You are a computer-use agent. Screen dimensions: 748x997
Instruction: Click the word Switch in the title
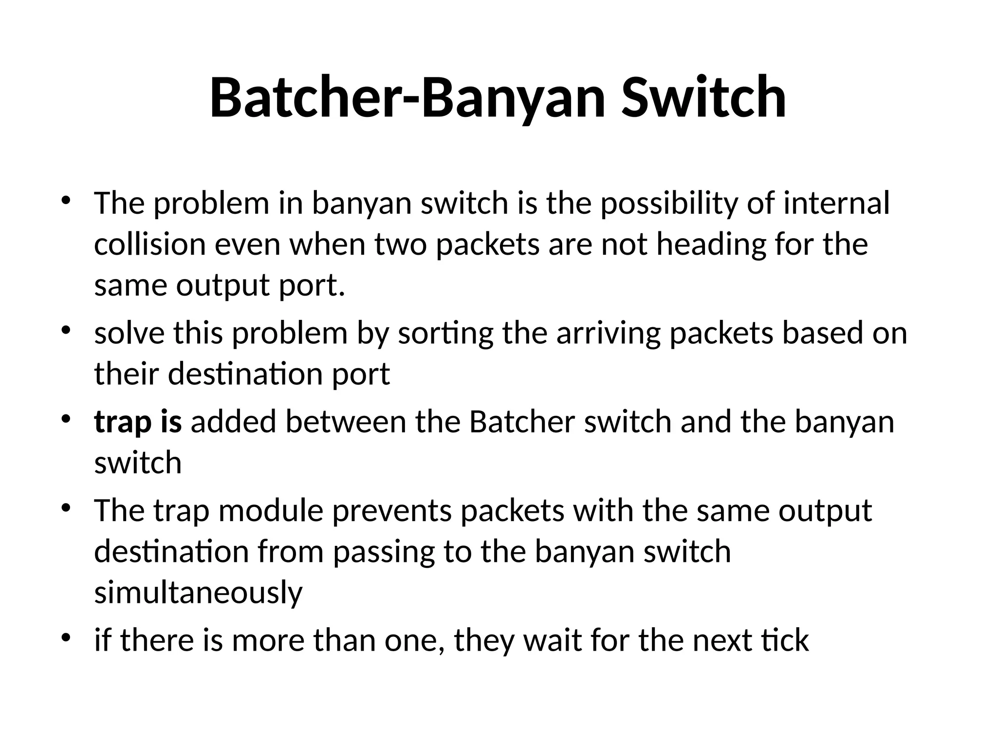click(x=703, y=97)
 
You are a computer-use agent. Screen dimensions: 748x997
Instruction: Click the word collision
click(x=150, y=244)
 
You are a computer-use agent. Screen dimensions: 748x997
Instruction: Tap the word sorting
click(x=445, y=335)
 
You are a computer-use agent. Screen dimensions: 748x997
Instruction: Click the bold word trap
click(x=120, y=422)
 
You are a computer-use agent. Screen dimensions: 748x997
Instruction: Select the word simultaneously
click(x=198, y=593)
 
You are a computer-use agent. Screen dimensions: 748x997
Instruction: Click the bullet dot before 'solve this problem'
click(x=66, y=331)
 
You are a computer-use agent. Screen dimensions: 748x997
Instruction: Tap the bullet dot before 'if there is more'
click(x=66, y=636)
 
